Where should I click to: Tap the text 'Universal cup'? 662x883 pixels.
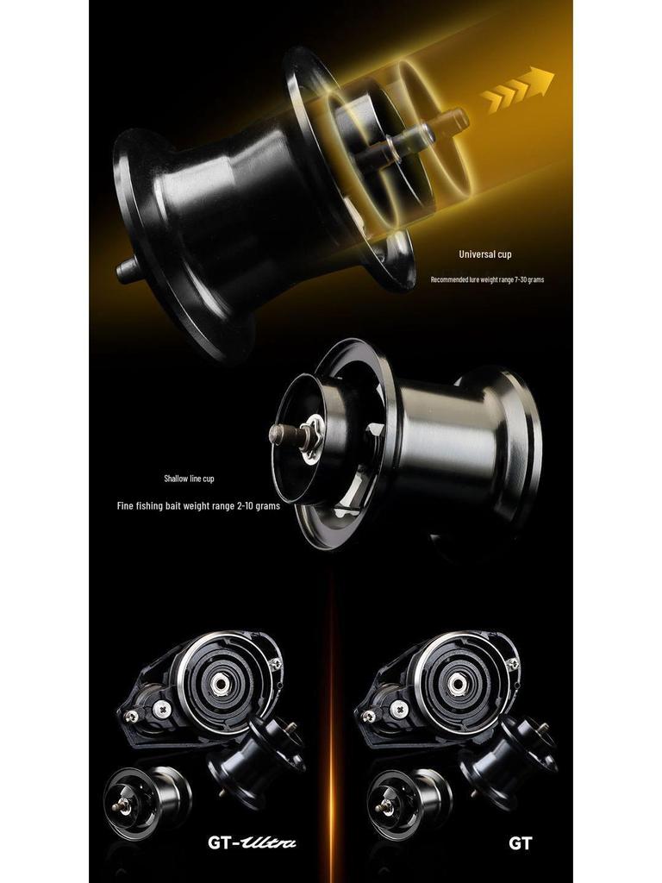click(484, 254)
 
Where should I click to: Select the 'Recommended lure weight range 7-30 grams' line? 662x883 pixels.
click(487, 280)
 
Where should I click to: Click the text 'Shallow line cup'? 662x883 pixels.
click(189, 479)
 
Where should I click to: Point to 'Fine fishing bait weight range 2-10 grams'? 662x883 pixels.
click(198, 506)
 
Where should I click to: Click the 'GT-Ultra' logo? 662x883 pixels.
click(252, 842)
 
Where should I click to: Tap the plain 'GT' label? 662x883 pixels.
click(520, 843)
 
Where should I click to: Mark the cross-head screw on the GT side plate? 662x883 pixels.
click(398, 708)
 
